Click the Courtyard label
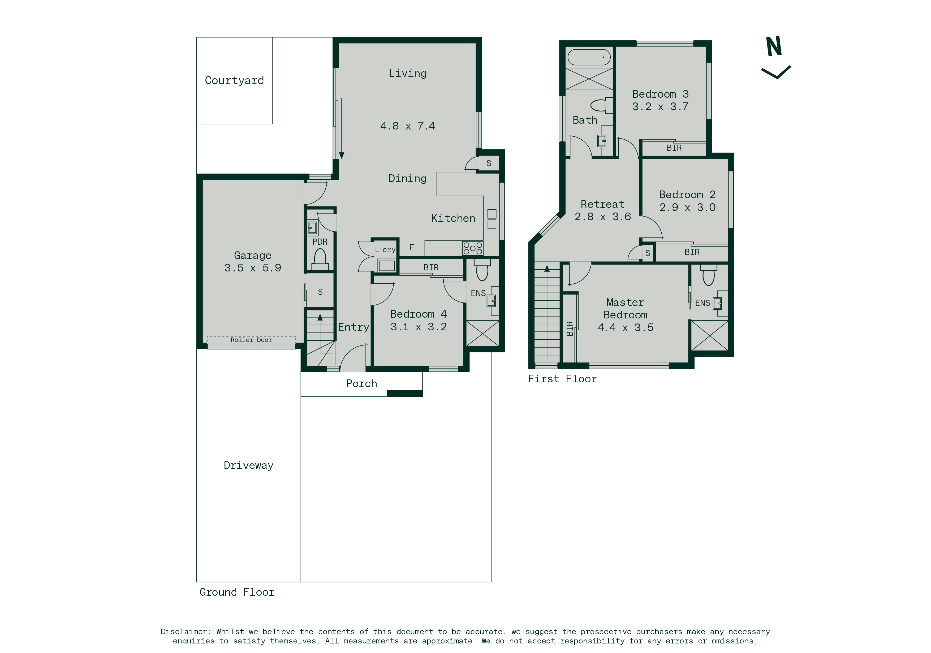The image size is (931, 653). (x=234, y=81)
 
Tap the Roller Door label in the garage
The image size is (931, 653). (x=251, y=340)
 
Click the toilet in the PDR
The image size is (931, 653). (x=320, y=259)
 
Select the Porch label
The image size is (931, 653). (x=361, y=383)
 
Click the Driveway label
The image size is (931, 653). (x=249, y=465)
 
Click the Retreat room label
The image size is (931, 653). (x=602, y=204)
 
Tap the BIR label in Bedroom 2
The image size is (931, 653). (x=692, y=252)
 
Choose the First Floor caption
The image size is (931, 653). (x=562, y=379)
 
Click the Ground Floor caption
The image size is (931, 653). (x=237, y=592)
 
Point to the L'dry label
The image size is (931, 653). (x=385, y=250)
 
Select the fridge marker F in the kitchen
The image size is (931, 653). (x=412, y=247)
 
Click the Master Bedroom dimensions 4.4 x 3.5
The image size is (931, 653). (x=626, y=327)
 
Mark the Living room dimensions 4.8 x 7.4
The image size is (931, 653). (x=408, y=126)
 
